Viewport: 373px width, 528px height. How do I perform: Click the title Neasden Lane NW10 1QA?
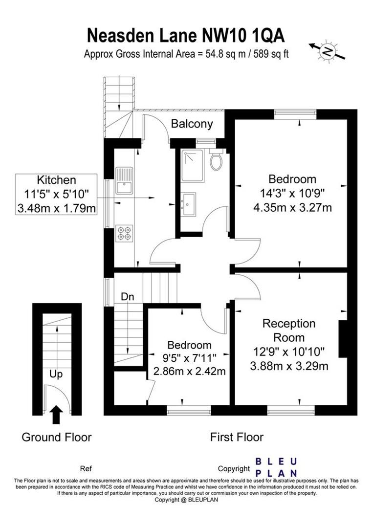pyautogui.click(x=186, y=36)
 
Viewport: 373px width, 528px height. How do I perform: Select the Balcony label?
pyautogui.click(x=192, y=124)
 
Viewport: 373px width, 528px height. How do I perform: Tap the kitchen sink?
pyautogui.click(x=123, y=180)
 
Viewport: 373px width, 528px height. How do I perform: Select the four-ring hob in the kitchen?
pyautogui.click(x=124, y=233)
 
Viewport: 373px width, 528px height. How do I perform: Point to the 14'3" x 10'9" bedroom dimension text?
pyautogui.click(x=292, y=193)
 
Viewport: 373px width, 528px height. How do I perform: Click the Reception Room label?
pyautogui.click(x=289, y=330)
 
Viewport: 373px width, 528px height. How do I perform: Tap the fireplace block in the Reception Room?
pyautogui.click(x=343, y=339)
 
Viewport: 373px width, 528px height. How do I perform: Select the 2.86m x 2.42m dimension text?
pyautogui.click(x=190, y=371)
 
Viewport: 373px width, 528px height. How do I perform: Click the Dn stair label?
pyautogui.click(x=128, y=297)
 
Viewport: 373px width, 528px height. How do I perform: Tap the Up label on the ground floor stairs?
pyautogui.click(x=56, y=374)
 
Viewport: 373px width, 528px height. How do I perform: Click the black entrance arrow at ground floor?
pyautogui.click(x=56, y=414)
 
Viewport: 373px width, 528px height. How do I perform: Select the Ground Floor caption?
pyautogui.click(x=56, y=437)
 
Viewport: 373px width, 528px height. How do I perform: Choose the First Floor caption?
pyautogui.click(x=237, y=437)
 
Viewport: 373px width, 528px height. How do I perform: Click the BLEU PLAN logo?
pyautogui.click(x=277, y=467)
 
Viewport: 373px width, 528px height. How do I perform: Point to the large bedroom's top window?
pyautogui.click(x=295, y=114)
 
